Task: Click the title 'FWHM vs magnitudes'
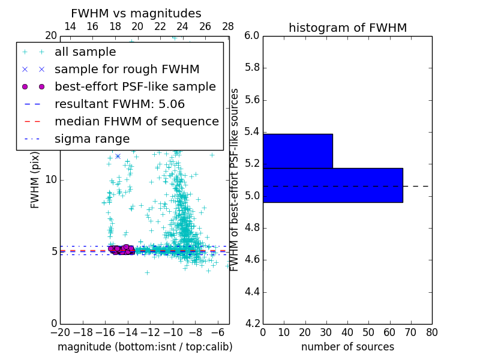click(x=136, y=14)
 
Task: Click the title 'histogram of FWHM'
click(x=347, y=28)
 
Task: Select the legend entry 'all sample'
click(x=85, y=52)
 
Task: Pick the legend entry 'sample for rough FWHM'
click(x=127, y=69)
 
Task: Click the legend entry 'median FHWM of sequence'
click(x=136, y=121)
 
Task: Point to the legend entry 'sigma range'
click(x=92, y=139)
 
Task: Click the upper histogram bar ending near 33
click(x=298, y=151)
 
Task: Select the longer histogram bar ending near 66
click(x=332, y=185)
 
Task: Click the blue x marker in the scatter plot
click(x=118, y=156)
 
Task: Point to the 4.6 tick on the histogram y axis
click(x=251, y=260)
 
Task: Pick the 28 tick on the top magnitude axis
click(x=228, y=26)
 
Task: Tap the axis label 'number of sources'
click(x=347, y=347)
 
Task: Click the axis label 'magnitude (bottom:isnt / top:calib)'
click(x=145, y=347)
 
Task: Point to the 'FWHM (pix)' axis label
click(x=35, y=179)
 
